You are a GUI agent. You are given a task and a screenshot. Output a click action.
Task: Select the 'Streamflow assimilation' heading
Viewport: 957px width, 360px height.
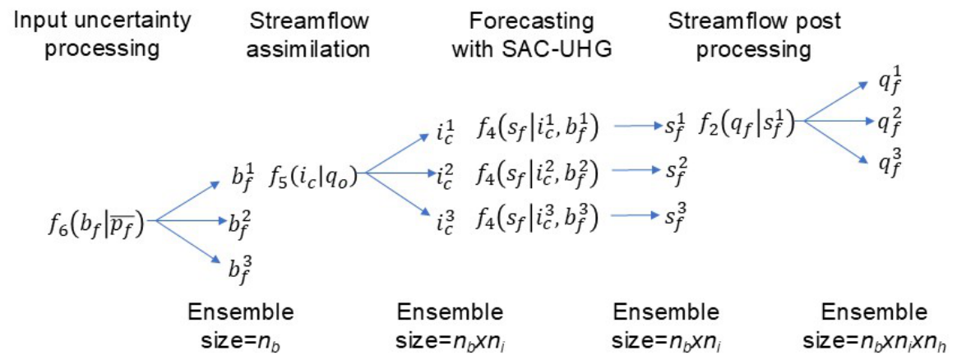308,35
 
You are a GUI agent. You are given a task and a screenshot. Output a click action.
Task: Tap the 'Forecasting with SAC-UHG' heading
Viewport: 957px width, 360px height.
531,35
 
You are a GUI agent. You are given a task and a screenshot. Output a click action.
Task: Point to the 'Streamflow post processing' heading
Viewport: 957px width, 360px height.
755,35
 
